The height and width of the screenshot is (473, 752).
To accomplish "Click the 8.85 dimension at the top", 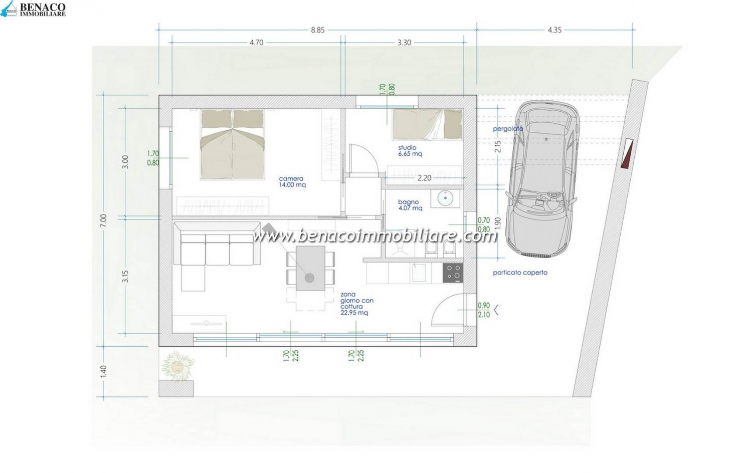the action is [317, 30].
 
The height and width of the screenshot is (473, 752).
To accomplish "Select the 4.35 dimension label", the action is [554, 30].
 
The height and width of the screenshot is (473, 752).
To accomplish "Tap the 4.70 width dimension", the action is [257, 43].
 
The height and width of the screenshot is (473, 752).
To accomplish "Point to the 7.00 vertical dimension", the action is [103, 220].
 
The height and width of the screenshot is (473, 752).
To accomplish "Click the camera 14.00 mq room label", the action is [292, 182].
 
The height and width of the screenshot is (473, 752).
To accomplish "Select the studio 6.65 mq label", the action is [410, 151].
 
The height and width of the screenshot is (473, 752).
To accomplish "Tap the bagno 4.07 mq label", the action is [410, 205].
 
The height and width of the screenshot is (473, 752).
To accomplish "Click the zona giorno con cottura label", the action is [356, 304].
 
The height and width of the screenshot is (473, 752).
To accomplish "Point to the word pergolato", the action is [508, 129].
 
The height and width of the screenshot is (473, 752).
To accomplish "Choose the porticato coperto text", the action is [520, 273].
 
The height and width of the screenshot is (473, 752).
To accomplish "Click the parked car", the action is [542, 178].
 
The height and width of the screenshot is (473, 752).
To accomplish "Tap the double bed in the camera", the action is [232, 144].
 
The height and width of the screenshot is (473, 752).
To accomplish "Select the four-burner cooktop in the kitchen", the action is [453, 273].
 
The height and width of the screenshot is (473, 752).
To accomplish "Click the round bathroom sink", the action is [446, 198].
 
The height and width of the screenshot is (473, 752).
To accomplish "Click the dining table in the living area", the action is [310, 268].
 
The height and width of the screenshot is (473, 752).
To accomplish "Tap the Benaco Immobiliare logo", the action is [33, 9].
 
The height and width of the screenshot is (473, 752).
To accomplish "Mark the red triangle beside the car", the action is [627, 154].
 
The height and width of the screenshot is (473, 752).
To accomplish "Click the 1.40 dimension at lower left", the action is [103, 372].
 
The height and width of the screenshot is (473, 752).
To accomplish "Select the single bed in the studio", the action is [427, 125].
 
